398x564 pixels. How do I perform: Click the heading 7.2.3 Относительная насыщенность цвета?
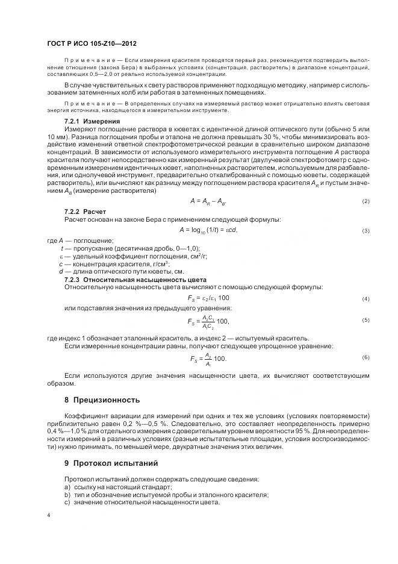pos(135,280)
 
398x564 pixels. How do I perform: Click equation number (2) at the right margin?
pos(365,201)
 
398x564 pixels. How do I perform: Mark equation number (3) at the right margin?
pos(365,231)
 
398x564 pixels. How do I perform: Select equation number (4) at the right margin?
pos(365,299)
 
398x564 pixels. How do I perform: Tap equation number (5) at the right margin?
pos(365,320)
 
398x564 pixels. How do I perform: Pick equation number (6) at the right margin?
pos(365,357)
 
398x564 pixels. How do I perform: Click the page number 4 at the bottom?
pos(49,516)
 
